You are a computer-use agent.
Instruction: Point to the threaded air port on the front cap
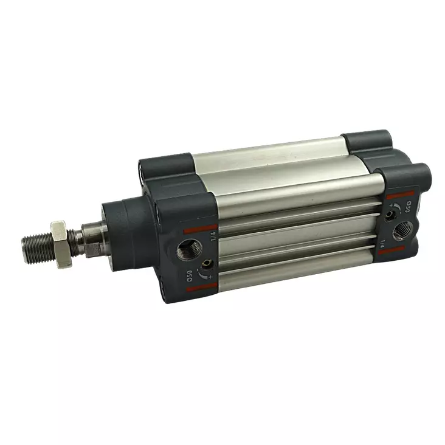(x=185, y=249)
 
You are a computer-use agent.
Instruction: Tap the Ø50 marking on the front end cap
(x=190, y=274)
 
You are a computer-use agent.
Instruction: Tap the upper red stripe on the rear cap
(x=400, y=195)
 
